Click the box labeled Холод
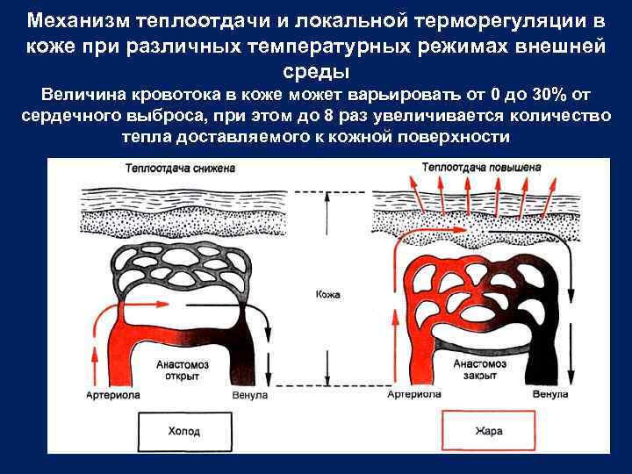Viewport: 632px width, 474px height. (183, 431)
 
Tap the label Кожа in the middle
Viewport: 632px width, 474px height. (327, 295)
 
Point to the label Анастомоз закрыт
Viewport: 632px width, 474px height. (479, 370)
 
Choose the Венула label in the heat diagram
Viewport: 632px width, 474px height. (551, 395)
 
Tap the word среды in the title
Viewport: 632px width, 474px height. (316, 70)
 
